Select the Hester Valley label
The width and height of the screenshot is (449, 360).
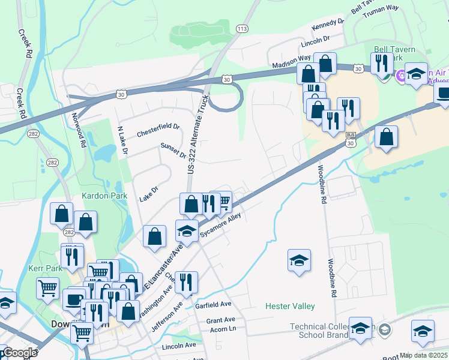coord(290,307)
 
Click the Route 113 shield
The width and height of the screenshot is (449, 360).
coord(243,29)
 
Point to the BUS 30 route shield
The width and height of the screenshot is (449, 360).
coord(351,140)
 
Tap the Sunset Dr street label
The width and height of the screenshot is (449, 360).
coord(173,151)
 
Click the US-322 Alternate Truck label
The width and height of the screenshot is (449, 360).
coord(197,134)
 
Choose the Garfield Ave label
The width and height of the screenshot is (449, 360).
coord(213,305)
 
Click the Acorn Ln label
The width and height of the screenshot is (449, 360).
coord(221,328)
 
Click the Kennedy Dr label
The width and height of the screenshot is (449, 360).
coord(328,25)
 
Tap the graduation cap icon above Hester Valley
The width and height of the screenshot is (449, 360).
coord(299,260)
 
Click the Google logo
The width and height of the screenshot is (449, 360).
coord(20,353)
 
